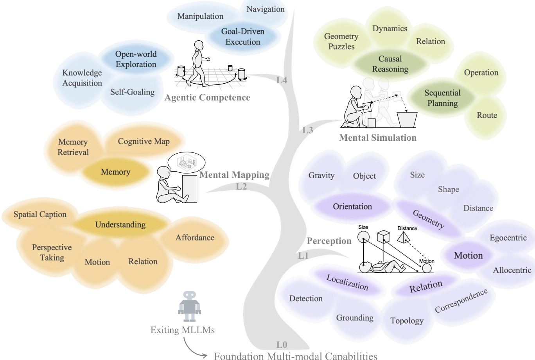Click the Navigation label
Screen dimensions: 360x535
(x=265, y=9)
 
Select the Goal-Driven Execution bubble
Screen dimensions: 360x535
(x=242, y=36)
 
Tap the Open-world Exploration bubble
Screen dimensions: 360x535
(x=136, y=59)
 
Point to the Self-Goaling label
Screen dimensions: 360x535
(x=132, y=92)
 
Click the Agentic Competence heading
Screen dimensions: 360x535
(x=207, y=98)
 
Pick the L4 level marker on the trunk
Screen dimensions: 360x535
(x=282, y=80)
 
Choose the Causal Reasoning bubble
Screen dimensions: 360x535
(x=390, y=64)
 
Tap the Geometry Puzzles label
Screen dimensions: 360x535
(x=341, y=41)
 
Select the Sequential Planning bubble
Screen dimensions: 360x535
(x=442, y=98)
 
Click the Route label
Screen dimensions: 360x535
(x=487, y=115)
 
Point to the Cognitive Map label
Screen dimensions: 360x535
(x=144, y=141)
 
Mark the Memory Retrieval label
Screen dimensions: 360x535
(x=73, y=147)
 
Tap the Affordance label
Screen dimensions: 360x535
(x=195, y=237)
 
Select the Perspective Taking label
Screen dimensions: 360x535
(x=52, y=253)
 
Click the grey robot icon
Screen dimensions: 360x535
(x=189, y=306)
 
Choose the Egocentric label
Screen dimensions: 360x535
(x=508, y=238)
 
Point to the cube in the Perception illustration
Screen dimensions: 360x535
(x=383, y=236)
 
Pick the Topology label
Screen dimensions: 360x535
(x=407, y=321)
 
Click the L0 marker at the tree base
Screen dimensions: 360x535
(x=282, y=344)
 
